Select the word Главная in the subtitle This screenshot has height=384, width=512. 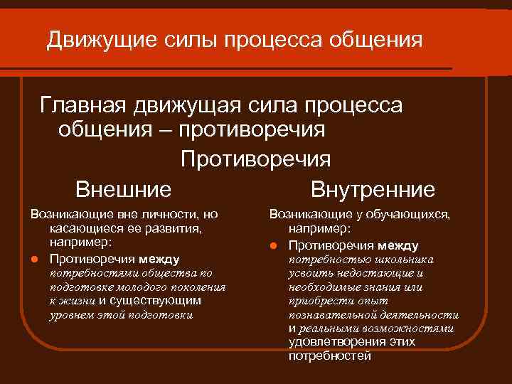coord(82,105)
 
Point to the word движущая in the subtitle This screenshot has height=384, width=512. coord(189,105)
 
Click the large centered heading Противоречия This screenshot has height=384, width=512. coord(255,159)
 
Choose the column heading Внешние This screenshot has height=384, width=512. coord(124,190)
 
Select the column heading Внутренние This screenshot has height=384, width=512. coord(373,190)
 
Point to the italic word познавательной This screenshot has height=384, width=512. coord(329,314)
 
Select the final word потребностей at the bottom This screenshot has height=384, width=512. coord(329,356)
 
